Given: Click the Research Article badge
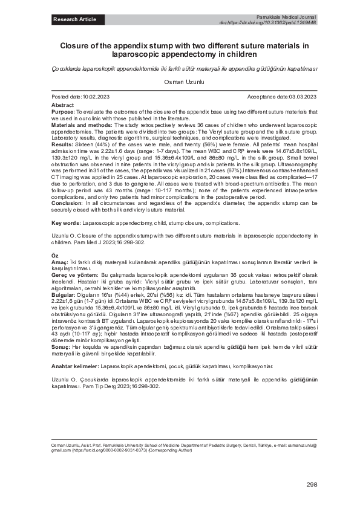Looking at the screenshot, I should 74,19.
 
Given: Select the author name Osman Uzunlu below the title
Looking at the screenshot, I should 180,81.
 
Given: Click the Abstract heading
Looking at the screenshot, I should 63,105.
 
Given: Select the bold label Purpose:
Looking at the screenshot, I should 63,112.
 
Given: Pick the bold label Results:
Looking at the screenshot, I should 62,145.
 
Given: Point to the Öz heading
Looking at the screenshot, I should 54,256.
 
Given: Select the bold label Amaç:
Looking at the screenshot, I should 60,264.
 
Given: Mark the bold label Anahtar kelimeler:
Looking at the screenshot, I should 76,366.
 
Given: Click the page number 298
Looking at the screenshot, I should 312,485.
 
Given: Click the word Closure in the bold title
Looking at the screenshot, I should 76,45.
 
